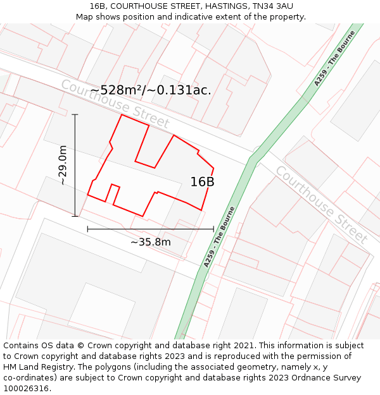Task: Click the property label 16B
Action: point(202,182)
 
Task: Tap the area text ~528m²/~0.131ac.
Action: point(150,90)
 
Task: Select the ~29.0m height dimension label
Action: point(63,165)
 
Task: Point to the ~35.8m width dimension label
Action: point(151,242)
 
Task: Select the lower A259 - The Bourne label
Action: point(219,237)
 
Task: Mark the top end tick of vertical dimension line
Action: point(75,114)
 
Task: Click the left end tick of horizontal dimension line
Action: point(87,229)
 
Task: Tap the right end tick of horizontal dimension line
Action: point(213,229)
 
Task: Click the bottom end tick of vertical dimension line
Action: point(75,216)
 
